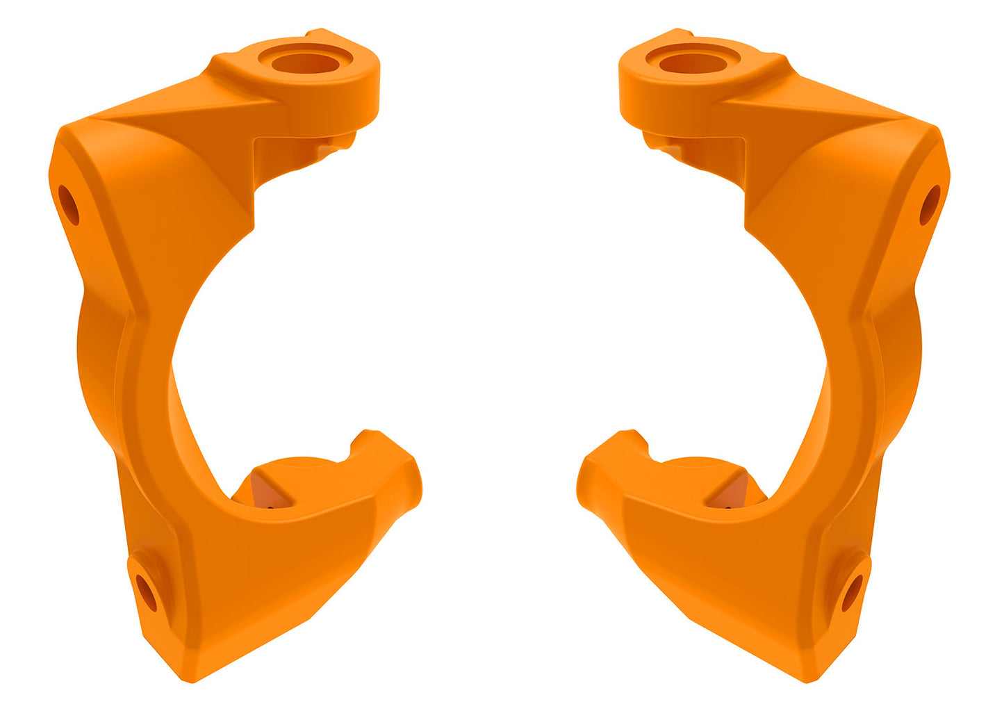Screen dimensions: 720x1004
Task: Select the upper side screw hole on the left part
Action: [x=69, y=204]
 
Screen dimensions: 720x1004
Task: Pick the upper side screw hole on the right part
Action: [x=930, y=204]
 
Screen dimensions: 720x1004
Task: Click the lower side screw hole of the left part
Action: [x=147, y=593]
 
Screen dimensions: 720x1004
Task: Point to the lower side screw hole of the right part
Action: [x=852, y=593]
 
